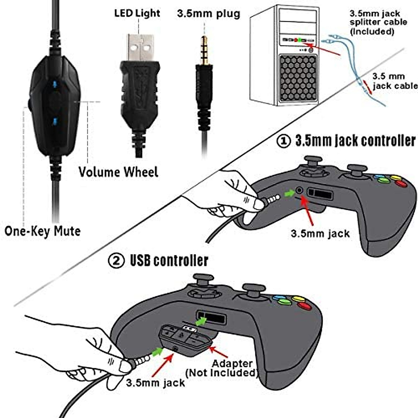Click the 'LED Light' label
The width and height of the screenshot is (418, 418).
pos(137,14)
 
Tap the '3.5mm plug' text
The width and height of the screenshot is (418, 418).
pos(208,14)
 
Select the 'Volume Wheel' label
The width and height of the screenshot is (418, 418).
pos(118,172)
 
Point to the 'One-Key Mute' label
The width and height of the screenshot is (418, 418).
pos(42,231)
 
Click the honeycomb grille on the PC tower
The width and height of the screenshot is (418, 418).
pos(298,78)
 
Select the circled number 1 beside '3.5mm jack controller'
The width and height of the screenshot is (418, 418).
pos(284,141)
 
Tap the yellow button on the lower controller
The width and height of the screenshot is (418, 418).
pos(298,299)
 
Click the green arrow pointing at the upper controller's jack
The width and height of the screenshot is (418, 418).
pos(289,193)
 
